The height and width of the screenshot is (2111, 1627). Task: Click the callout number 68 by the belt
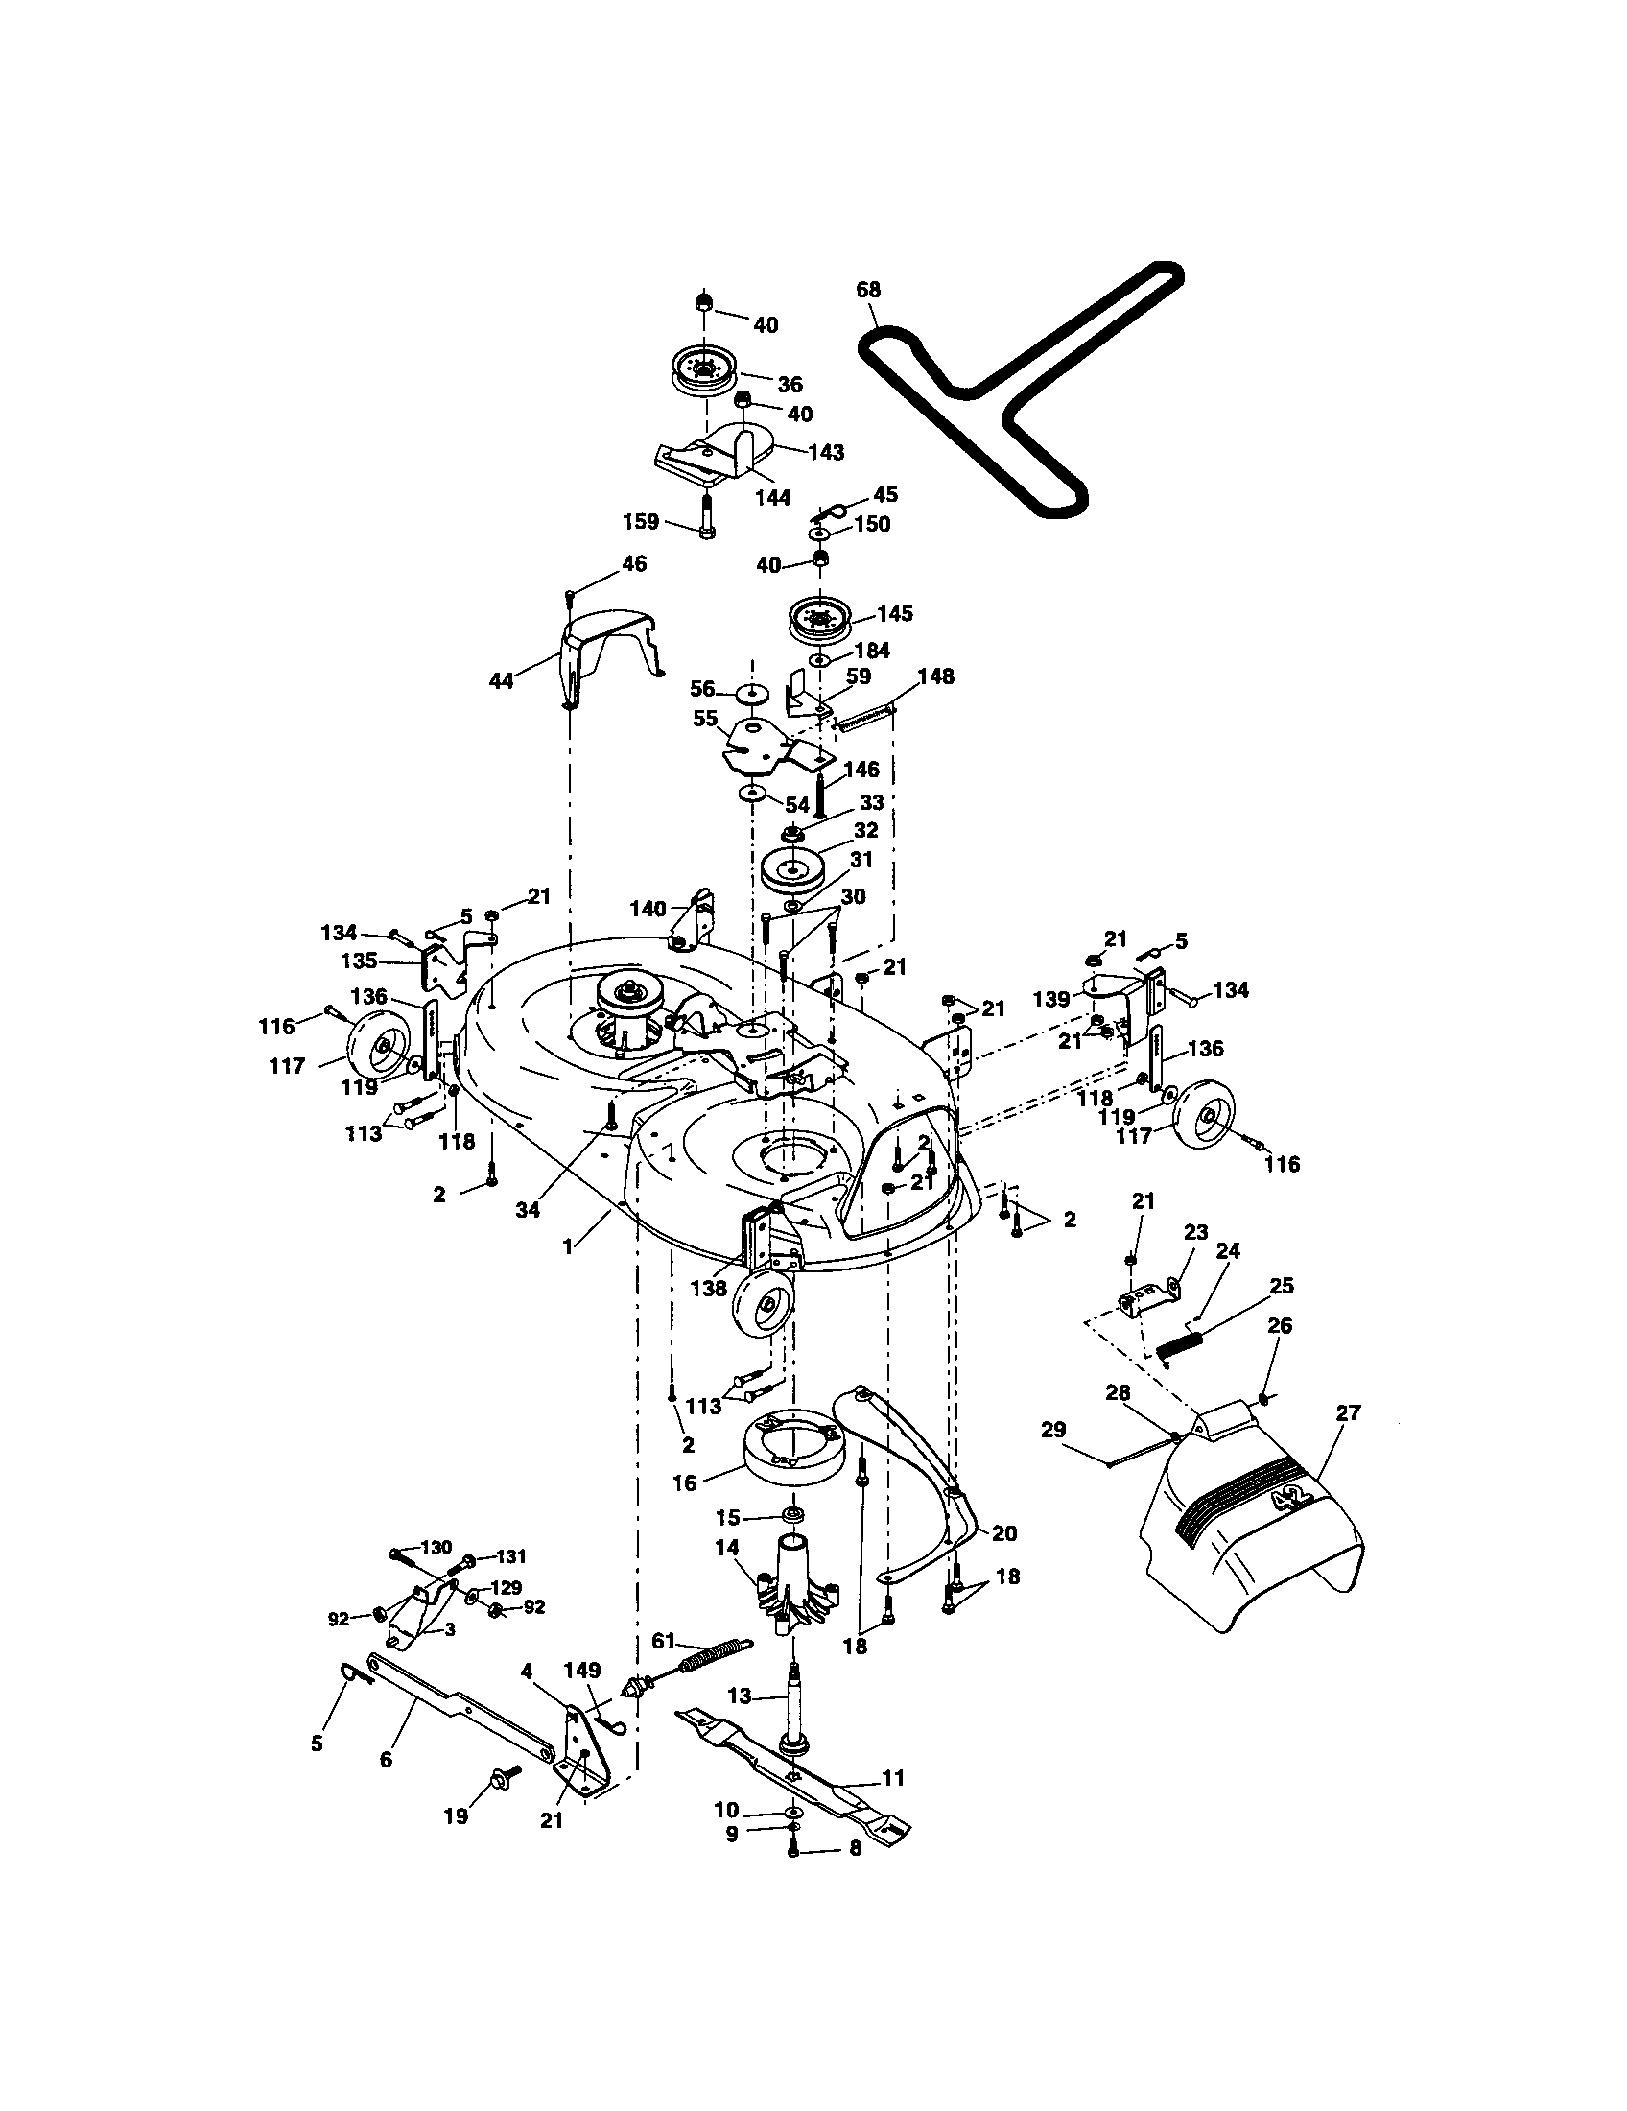tap(867, 289)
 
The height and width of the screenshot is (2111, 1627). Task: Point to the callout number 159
tap(641, 523)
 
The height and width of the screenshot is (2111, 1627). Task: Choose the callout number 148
tap(934, 676)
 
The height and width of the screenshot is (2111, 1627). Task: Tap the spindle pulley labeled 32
tap(793, 873)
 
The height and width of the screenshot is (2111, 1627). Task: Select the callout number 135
tap(358, 962)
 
